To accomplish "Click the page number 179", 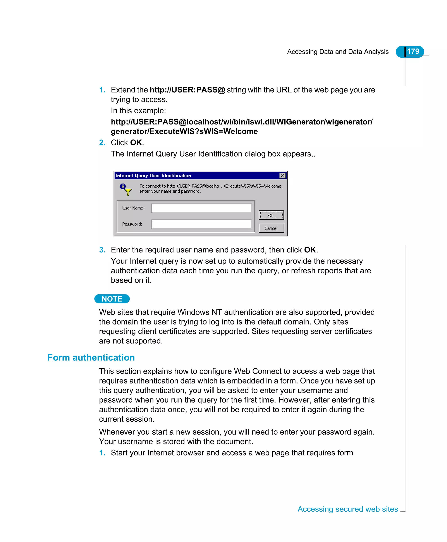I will pos(413,52).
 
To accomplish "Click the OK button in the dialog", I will pos(271,215).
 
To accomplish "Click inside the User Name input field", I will pos(201,208).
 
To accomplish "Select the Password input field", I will pos(201,224).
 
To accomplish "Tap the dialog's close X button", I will pos(282,175).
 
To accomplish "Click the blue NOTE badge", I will pos(112,299).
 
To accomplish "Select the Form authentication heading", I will pos(91,357).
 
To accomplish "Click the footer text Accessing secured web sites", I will pos(348,509).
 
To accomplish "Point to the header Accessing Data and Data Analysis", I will pos(338,52).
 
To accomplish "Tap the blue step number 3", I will pos(102,250).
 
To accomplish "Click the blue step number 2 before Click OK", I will pos(102,143).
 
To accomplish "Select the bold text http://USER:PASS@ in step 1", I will pos(187,90).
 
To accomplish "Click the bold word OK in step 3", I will pos(310,250).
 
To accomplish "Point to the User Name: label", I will pos(133,208).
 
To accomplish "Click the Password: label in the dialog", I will pos(132,224).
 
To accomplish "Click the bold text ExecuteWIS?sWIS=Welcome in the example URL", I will pos(203,131).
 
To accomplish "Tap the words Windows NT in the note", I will pos(199,312).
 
